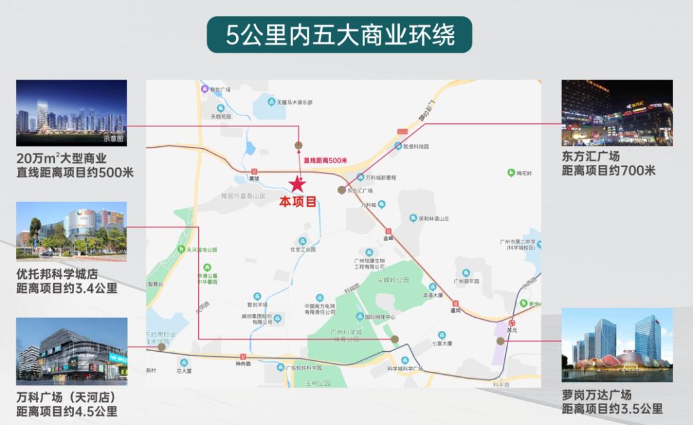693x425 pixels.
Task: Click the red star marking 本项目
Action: coord(297,184)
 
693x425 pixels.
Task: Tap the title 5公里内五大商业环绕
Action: coord(339,35)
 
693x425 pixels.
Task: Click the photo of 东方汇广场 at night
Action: coord(617,113)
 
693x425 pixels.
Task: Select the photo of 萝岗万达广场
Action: coord(617,346)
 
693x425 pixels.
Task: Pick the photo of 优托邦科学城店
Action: coord(71,230)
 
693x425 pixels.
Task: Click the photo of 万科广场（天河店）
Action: coord(71,351)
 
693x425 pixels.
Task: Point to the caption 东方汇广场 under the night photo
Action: coord(591,156)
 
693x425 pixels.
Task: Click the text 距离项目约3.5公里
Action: coord(612,409)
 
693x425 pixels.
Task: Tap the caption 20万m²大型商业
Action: coord(62,158)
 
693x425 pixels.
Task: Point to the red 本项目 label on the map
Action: coord(298,202)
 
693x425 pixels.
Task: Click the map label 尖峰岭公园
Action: coord(393,280)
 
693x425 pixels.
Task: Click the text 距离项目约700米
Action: coord(608,171)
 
